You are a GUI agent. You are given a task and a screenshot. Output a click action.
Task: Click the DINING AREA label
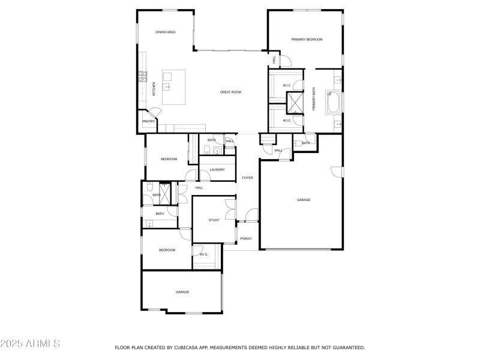click(x=165, y=32)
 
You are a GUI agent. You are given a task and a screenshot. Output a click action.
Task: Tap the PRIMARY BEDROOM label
click(x=307, y=40)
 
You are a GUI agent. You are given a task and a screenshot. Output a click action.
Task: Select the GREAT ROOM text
click(x=230, y=92)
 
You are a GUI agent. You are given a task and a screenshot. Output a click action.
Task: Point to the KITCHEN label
click(x=154, y=89)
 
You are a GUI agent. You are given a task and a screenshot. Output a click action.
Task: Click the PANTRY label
click(x=148, y=122)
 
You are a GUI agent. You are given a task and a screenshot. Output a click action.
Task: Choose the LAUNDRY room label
click(x=217, y=170)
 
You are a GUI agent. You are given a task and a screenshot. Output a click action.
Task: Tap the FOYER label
click(x=247, y=178)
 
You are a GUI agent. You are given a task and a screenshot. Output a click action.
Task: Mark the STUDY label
click(x=214, y=220)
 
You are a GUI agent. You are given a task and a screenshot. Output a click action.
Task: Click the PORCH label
click(x=245, y=239)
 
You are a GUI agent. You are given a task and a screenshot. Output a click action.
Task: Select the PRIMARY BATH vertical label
click(x=313, y=99)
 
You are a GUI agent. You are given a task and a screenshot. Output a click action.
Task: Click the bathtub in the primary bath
click(x=334, y=101)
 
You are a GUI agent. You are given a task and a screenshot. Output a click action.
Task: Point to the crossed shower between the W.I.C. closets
click(x=295, y=103)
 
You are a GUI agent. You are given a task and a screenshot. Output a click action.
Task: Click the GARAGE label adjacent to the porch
click(x=304, y=200)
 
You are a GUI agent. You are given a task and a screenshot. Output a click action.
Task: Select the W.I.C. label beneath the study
click(x=203, y=254)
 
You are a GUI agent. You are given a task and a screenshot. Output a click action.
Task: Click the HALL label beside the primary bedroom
click(x=274, y=60)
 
